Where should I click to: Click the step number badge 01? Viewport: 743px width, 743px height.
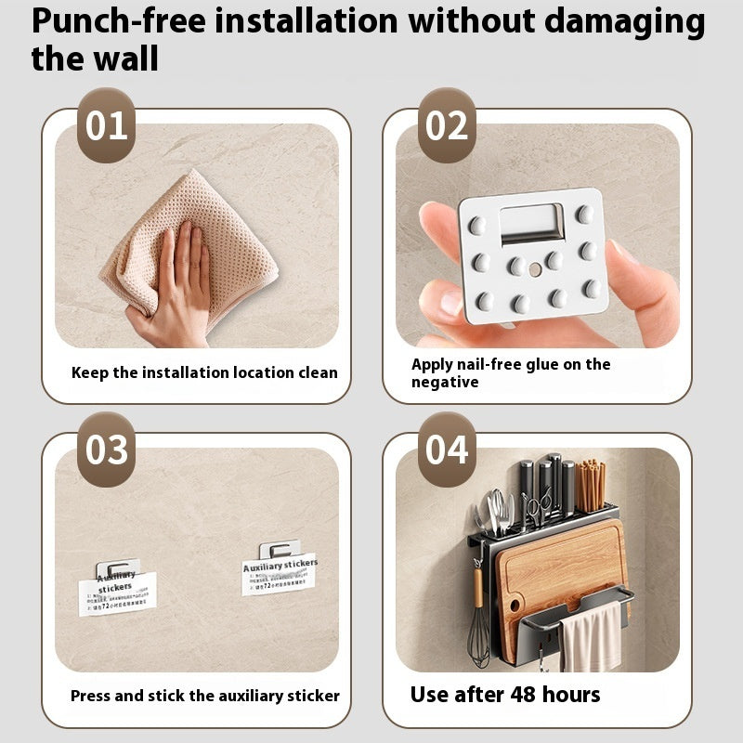pos(106,126)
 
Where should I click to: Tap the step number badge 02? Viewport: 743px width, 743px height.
pos(447,126)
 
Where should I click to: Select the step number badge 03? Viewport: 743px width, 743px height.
pos(106,450)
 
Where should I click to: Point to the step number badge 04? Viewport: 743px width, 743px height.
pos(447,450)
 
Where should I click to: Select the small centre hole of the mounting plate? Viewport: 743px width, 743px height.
pos(533,271)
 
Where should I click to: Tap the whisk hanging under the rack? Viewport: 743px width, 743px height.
pos(479,632)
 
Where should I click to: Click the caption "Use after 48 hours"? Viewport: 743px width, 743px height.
pos(505,695)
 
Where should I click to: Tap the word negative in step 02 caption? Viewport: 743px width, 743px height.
pos(445,382)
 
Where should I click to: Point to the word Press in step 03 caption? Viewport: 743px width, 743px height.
pos(90,696)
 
